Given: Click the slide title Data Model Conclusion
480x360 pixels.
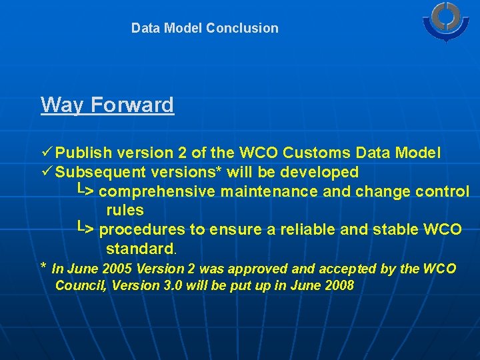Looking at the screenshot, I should point(205,28).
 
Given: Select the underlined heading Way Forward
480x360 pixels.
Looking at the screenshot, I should point(107,105).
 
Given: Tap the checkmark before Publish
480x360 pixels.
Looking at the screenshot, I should point(47,152).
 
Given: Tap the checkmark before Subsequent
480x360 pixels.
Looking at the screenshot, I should point(47,171).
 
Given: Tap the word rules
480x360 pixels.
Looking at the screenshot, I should point(125,210).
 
